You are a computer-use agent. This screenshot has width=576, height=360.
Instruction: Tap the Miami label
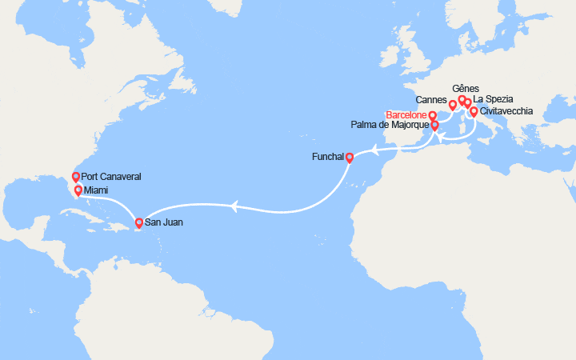(98, 190)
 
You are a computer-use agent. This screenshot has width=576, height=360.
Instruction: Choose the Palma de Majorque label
(390, 126)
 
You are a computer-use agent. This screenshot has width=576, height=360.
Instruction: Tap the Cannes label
(432, 100)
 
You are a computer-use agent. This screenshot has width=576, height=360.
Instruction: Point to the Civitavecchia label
(507, 111)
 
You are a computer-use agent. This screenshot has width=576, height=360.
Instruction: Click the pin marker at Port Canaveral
(76, 177)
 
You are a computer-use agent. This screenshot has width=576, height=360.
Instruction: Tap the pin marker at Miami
(78, 190)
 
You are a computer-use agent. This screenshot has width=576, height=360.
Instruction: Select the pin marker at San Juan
(139, 223)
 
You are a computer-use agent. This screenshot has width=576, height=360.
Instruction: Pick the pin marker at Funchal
(350, 157)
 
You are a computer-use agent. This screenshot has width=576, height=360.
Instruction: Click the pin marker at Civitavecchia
(474, 111)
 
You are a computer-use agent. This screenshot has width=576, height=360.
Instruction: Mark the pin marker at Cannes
(453, 105)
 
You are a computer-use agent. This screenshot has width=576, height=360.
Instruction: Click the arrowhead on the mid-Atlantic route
(233, 207)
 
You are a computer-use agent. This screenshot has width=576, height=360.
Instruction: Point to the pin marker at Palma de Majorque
(435, 126)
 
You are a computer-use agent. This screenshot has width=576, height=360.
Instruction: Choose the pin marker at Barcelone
(433, 116)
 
